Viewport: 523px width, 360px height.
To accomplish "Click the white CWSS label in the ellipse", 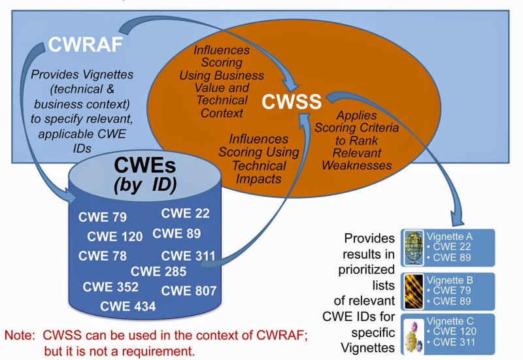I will tap(292, 102).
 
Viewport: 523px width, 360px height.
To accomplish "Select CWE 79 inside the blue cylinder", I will tap(103, 218).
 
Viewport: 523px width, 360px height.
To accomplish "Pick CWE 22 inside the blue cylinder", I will tap(185, 212).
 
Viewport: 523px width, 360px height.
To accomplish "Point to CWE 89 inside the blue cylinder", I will tap(177, 233).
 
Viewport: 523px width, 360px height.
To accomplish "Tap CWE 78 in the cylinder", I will tap(103, 255).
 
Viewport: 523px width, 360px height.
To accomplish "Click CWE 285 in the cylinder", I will tap(158, 271).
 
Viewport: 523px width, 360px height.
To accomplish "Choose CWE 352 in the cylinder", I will tap(111, 287).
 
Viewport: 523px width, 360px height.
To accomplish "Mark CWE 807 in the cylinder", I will tap(189, 291).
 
